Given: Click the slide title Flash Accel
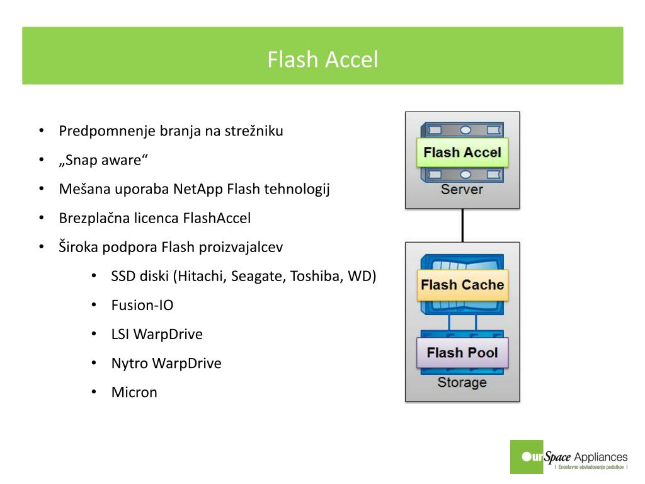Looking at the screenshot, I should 322,59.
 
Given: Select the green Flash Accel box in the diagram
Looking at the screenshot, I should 462,153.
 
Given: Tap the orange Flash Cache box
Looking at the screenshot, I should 462,285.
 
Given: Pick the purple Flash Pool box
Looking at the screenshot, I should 462,353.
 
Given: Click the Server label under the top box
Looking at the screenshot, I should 462,189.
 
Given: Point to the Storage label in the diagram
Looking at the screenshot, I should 462,383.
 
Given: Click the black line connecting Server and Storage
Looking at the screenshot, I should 462,225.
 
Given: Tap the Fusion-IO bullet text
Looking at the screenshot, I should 142,305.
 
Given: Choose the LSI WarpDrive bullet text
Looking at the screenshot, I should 157,334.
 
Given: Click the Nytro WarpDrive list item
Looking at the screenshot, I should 166,363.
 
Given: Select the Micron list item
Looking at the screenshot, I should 134,392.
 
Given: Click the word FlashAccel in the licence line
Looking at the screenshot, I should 217,218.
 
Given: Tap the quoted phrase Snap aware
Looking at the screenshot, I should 103,160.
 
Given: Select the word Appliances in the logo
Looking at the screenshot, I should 601,457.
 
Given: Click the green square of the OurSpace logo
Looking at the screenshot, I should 527,456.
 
